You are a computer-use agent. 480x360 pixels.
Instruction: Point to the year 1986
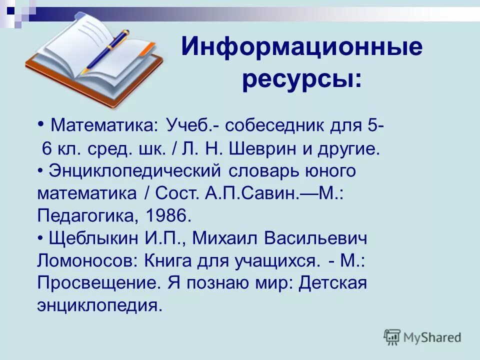pyautogui.click(x=168, y=216)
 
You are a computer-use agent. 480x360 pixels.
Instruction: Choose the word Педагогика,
pyautogui.click(x=89, y=216)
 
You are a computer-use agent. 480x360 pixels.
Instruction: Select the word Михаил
pyautogui.click(x=220, y=238)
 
